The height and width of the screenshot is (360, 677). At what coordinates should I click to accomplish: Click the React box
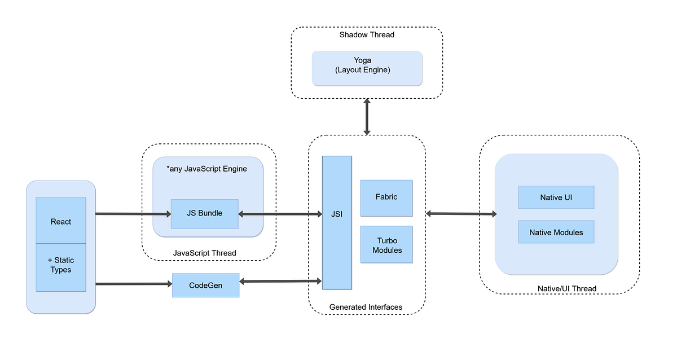[61, 221]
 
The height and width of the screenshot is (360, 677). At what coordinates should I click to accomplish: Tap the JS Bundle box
[204, 214]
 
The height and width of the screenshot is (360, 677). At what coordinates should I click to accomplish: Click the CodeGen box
[205, 286]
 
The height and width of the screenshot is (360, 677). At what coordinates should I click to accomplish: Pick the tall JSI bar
[337, 222]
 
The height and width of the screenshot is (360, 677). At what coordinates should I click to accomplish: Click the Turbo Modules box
[387, 246]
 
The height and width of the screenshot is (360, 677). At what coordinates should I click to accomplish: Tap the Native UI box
[556, 197]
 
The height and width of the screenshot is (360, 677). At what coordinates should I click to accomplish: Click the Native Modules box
[556, 232]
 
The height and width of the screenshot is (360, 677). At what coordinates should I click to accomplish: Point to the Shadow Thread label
[367, 35]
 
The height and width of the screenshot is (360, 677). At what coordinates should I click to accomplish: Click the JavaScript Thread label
[204, 253]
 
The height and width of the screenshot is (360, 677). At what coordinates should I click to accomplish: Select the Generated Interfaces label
[366, 307]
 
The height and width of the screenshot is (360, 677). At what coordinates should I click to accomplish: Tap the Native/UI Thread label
[567, 289]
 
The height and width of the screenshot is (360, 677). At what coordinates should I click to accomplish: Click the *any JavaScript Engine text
[207, 168]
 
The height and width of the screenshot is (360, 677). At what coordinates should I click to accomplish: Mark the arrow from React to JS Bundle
[133, 214]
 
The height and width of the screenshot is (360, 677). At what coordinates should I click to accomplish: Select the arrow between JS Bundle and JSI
[280, 214]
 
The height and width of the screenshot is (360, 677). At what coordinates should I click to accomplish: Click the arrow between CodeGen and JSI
[280, 281]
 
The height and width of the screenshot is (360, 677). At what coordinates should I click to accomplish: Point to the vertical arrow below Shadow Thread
[367, 117]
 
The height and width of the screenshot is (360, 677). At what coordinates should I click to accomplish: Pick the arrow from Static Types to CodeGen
[133, 284]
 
